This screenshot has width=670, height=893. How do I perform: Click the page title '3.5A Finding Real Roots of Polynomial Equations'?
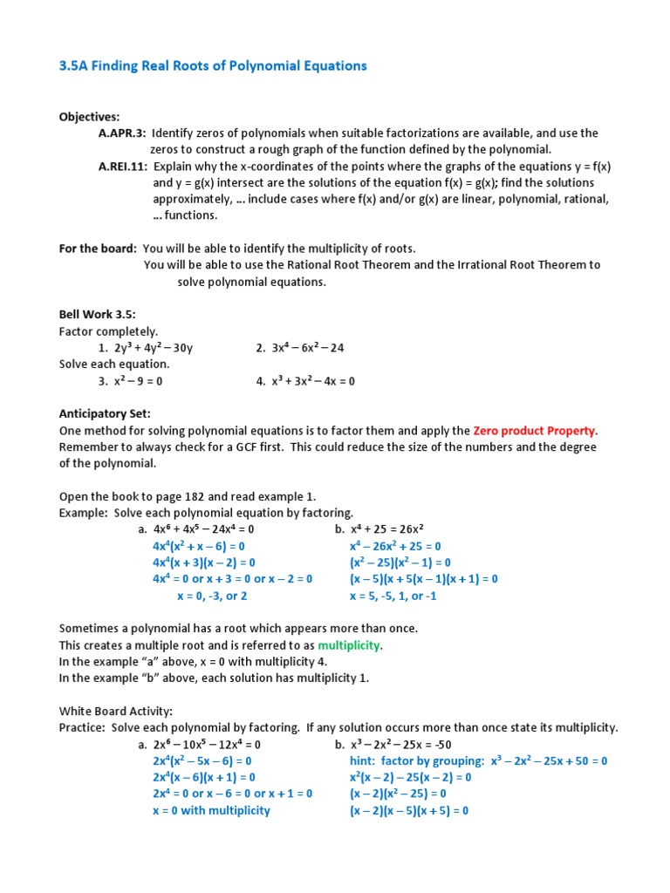point(213,66)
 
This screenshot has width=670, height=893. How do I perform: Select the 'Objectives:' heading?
point(89,117)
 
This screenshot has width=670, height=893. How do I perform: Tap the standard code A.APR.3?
point(121,133)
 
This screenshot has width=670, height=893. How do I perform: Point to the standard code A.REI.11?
point(123,167)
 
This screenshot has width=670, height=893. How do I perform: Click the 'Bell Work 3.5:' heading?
point(98,315)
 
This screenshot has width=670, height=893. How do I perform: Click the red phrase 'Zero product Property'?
point(535,431)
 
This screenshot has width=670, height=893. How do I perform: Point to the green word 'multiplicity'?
point(349,645)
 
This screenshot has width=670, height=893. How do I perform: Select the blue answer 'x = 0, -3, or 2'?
point(212,596)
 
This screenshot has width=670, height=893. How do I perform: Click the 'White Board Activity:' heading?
point(110,711)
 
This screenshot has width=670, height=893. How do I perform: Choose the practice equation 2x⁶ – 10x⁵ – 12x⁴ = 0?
point(207,745)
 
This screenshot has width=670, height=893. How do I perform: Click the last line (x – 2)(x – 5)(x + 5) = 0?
point(409,811)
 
